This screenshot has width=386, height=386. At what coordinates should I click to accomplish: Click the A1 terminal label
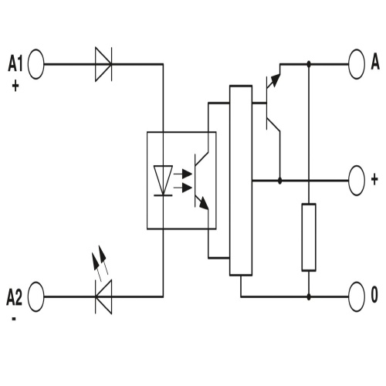point(16,63)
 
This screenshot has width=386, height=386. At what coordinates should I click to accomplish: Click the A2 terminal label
point(15,295)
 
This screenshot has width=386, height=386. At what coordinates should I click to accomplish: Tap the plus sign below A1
point(15,86)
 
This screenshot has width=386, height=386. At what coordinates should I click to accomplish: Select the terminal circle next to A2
point(36,295)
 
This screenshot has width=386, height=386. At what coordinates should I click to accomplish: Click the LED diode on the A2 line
point(103,295)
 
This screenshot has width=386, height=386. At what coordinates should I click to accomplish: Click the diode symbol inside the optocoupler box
point(164,181)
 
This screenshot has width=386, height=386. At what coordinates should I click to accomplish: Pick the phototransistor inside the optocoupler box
point(199,181)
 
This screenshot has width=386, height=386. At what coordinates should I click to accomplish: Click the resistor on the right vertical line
point(309,237)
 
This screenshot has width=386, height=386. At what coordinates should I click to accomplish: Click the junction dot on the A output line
point(309,63)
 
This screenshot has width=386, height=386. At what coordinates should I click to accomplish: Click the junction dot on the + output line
point(279,180)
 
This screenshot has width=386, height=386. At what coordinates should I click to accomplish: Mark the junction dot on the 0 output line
point(309,295)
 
